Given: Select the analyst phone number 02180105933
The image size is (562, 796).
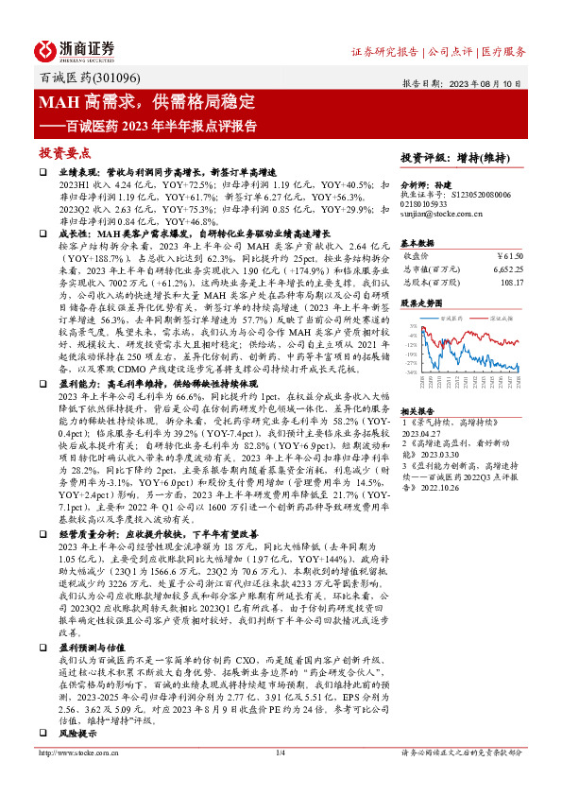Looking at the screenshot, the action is click(431, 205).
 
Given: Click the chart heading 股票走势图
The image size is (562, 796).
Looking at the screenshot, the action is click(420, 304).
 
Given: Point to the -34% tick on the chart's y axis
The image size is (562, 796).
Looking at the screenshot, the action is click(413, 372).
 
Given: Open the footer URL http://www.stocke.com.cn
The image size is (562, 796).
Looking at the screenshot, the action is click(82, 779).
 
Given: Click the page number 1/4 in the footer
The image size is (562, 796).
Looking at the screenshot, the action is click(280, 779).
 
